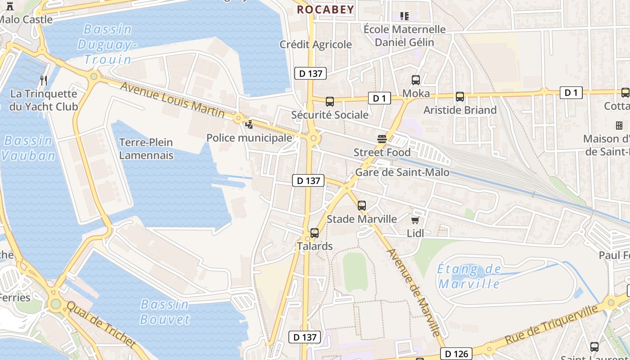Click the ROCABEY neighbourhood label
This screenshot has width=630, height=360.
(x=325, y=9)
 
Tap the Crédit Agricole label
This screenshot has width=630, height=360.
(x=315, y=45)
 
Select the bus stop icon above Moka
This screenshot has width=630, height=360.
(x=416, y=80)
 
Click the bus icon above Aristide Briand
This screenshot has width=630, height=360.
(x=460, y=96)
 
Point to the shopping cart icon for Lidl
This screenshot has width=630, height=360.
(x=415, y=220)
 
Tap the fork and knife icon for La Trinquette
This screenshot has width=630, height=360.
(x=44, y=81)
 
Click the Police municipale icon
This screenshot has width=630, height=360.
(x=249, y=124)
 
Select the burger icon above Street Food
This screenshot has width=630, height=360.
(x=382, y=139)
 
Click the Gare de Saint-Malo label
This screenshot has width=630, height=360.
(x=402, y=172)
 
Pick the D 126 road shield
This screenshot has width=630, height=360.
(x=456, y=354)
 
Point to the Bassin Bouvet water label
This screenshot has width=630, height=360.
(x=165, y=312)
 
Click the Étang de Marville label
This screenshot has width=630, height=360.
(x=469, y=277)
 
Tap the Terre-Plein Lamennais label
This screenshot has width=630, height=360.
(x=146, y=149)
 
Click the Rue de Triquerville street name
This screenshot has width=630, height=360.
(x=552, y=325)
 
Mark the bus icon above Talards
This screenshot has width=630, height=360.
(x=315, y=233)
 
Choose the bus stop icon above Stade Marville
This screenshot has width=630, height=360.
(x=362, y=206)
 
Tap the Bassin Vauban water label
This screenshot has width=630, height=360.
(x=28, y=148)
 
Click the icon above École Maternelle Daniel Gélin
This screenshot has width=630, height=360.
(x=405, y=16)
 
